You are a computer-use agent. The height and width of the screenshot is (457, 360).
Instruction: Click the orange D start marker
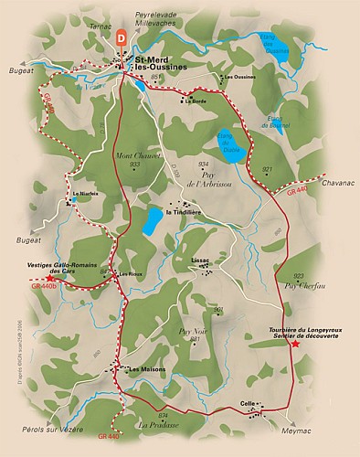pos(122,37)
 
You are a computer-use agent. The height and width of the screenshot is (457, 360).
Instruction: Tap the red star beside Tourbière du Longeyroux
pos(294,343)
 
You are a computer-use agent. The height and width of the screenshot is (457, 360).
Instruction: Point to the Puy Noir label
pos(193,331)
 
